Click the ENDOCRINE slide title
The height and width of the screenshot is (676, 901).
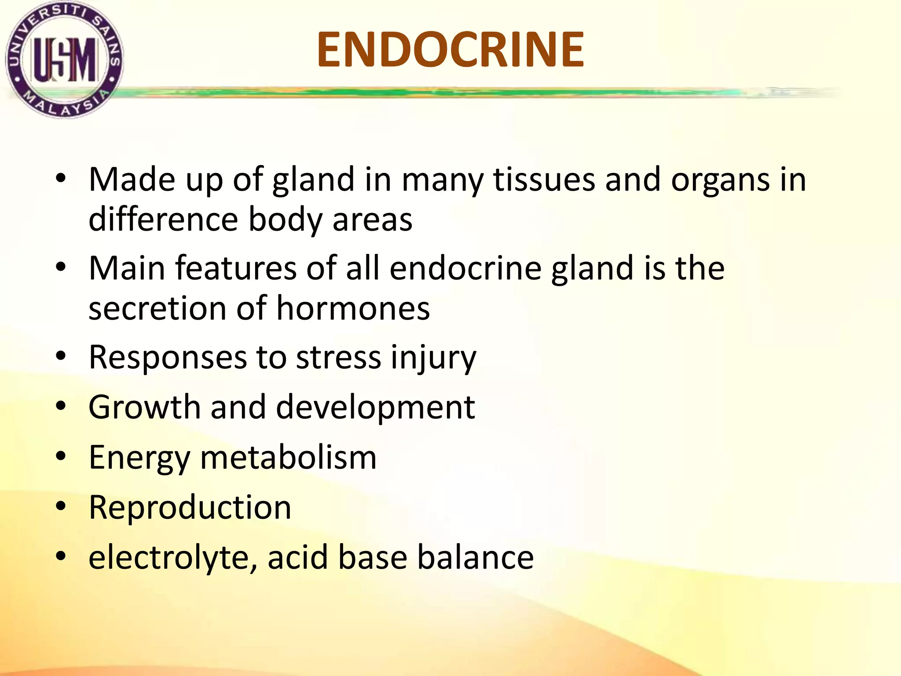click(x=450, y=50)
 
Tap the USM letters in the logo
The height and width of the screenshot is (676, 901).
click(x=65, y=60)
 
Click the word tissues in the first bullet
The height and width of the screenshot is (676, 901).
click(x=544, y=180)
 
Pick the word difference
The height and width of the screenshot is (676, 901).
click(x=163, y=219)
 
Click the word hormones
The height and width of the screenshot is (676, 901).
click(x=353, y=308)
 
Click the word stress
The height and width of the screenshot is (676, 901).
click(x=338, y=357)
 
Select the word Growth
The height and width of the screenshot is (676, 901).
click(x=144, y=407)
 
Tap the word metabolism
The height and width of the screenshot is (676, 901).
click(x=288, y=458)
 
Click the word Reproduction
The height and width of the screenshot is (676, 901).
click(x=190, y=507)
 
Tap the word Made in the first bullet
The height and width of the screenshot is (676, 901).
click(x=132, y=180)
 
